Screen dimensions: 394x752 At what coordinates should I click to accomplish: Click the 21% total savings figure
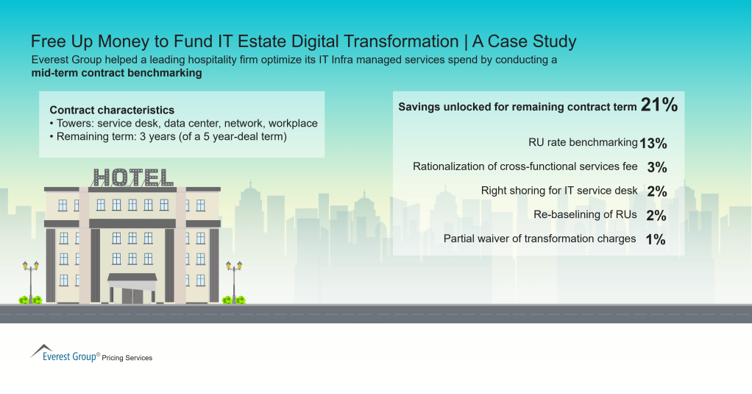[659, 105]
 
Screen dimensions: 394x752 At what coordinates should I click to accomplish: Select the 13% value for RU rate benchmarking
[653, 143]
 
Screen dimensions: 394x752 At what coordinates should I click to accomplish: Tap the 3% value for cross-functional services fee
[656, 167]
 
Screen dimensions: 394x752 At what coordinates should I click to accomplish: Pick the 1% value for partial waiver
[656, 239]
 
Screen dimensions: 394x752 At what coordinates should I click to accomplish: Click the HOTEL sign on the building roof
[133, 177]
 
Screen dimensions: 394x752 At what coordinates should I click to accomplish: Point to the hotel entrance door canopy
[132, 278]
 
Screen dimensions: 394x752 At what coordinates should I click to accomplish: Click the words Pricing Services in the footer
[127, 358]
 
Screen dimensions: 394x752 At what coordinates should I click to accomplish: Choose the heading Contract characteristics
[112, 110]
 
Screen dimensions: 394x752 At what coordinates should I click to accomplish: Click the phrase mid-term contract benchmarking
[116, 74]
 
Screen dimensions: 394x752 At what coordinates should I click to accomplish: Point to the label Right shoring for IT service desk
[559, 191]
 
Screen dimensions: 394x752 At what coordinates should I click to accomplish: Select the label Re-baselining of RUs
[585, 215]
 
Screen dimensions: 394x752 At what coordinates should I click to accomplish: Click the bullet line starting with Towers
[183, 123]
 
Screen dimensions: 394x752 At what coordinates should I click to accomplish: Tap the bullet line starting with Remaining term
[167, 136]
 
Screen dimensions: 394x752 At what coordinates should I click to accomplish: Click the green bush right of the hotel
[234, 300]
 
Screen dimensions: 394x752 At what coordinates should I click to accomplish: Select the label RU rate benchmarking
[583, 143]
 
